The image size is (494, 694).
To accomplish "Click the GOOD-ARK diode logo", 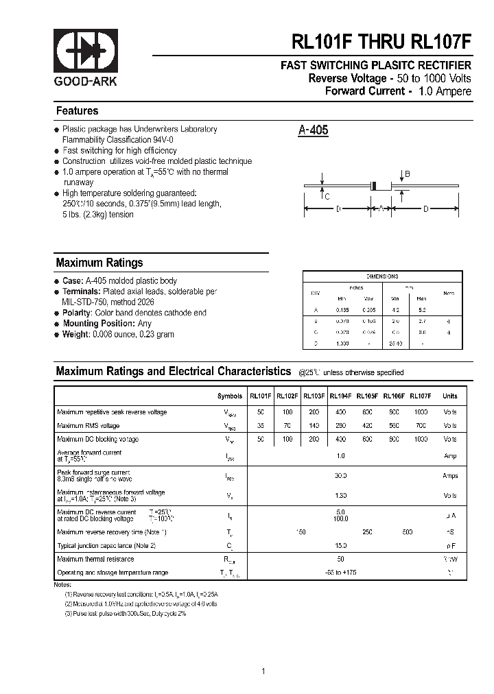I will click(85, 52).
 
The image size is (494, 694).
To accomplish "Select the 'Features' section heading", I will click(77, 111).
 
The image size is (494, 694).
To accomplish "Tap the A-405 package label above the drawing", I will click(314, 130).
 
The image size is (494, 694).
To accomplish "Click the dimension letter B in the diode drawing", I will click(407, 175).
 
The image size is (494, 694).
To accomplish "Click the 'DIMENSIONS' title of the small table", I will click(382, 276).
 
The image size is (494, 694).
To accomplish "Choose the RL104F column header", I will click(340, 396).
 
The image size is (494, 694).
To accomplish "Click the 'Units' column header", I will click(449, 396).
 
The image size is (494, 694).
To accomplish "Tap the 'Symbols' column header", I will click(230, 396).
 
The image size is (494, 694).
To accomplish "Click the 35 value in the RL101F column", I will click(261, 425).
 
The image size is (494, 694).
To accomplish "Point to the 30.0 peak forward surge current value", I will click(340, 475).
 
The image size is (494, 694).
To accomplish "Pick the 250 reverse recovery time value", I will click(367, 532).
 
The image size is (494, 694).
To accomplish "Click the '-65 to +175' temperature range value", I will click(341, 572).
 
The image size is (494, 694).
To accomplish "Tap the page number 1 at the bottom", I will click(263, 651).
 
